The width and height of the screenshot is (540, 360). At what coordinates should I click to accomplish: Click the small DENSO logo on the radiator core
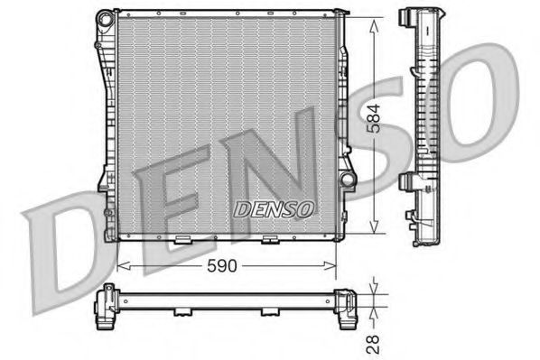tap(274, 208)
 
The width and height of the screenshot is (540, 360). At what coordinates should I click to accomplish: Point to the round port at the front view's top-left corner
tap(102, 17)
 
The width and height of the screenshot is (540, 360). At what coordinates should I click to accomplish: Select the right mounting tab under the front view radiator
tap(268, 240)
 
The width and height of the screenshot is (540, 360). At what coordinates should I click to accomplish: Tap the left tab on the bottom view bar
tap(182, 312)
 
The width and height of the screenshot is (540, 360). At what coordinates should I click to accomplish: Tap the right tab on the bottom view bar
tap(268, 312)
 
